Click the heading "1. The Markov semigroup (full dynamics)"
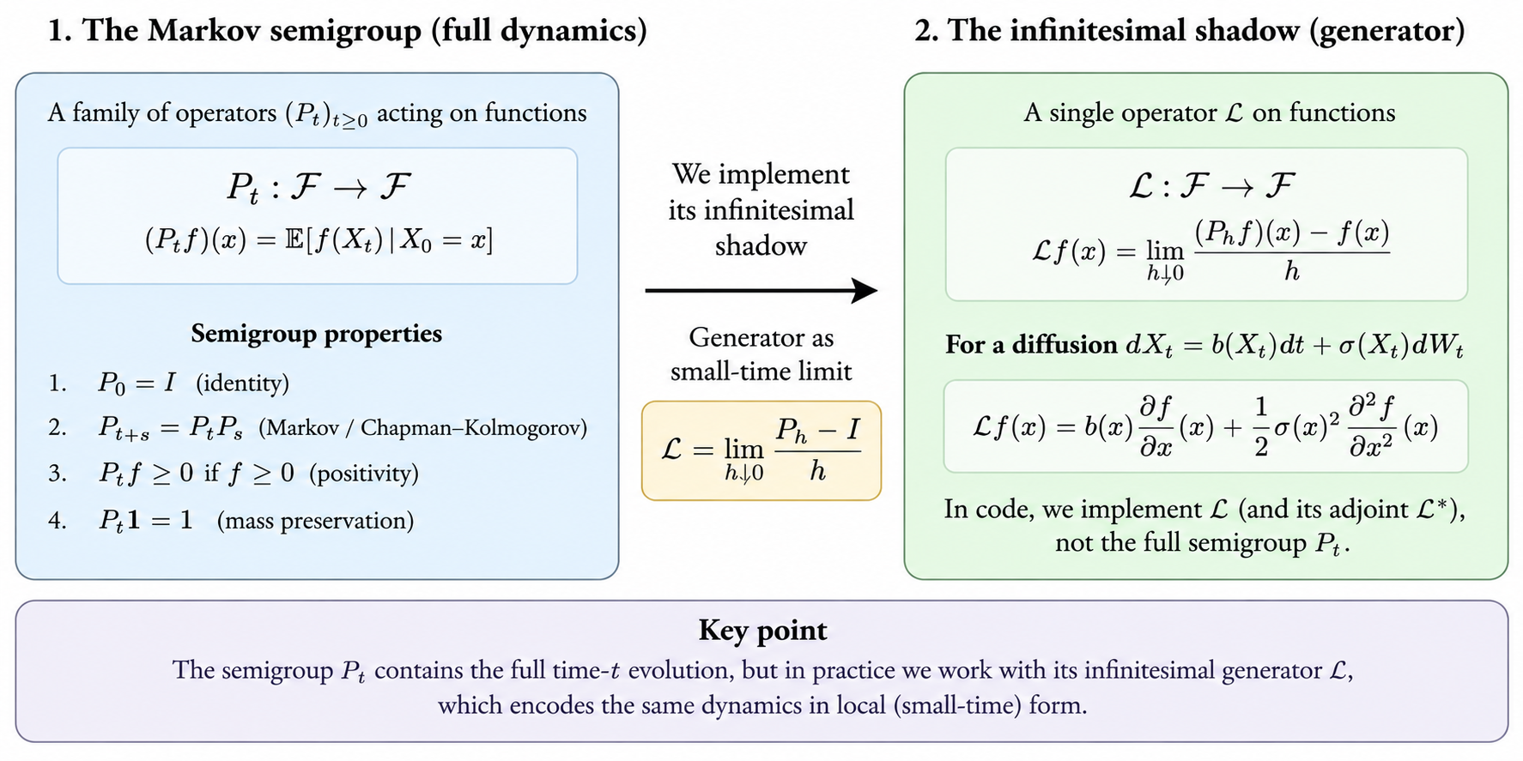(x=347, y=31)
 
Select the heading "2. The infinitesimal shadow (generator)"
(x=1189, y=31)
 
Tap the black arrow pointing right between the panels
(x=761, y=291)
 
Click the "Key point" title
(x=762, y=631)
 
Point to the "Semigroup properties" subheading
(x=317, y=333)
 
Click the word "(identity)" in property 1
(x=242, y=383)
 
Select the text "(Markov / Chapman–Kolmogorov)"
(x=423, y=427)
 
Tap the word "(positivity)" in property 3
(x=364, y=474)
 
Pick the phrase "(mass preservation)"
(x=315, y=521)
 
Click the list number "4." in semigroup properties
(x=58, y=521)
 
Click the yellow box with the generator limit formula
(x=761, y=450)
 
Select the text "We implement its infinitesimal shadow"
(x=761, y=209)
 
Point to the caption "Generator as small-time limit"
(x=761, y=354)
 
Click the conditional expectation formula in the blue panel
(x=319, y=240)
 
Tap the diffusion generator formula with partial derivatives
(x=1205, y=426)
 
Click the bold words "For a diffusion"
(x=1031, y=345)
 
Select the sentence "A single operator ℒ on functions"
(x=1209, y=112)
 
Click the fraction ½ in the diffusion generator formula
(x=1261, y=426)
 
